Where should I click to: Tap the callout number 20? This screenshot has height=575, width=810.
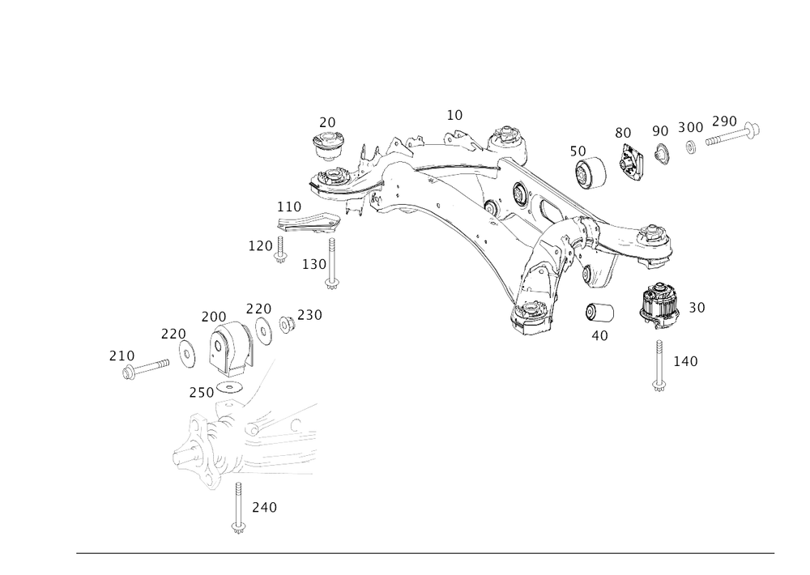pyautogui.click(x=327, y=121)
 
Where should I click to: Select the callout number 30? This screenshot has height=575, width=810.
pyautogui.click(x=697, y=307)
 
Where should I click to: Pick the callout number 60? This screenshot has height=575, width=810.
pyautogui.click(x=622, y=132)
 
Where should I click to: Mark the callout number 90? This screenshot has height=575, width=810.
pyautogui.click(x=660, y=130)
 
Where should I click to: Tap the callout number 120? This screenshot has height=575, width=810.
pyautogui.click(x=260, y=244)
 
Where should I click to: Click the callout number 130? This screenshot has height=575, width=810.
pyautogui.click(x=313, y=263)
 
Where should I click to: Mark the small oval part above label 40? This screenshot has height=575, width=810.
pyautogui.click(x=600, y=310)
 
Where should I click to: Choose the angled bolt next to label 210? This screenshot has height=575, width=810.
pyautogui.click(x=147, y=369)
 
